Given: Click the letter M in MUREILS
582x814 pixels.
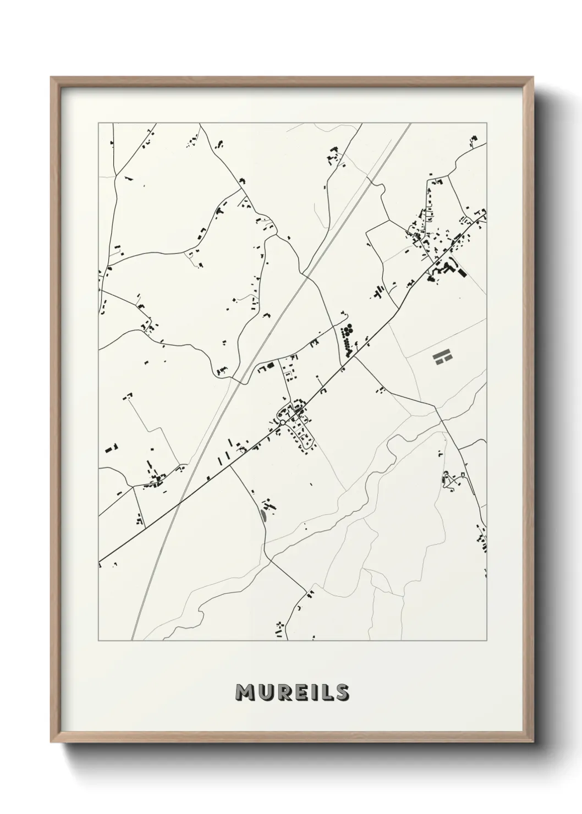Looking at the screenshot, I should [245, 692].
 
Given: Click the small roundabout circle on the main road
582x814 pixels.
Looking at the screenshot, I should [282, 422].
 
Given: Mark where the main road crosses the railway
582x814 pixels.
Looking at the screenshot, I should [180, 502].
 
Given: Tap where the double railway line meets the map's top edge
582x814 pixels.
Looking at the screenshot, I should [409, 124].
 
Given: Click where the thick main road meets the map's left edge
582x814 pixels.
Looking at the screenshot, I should [99, 562].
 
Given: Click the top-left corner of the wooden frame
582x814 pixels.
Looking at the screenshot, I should [51, 78].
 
